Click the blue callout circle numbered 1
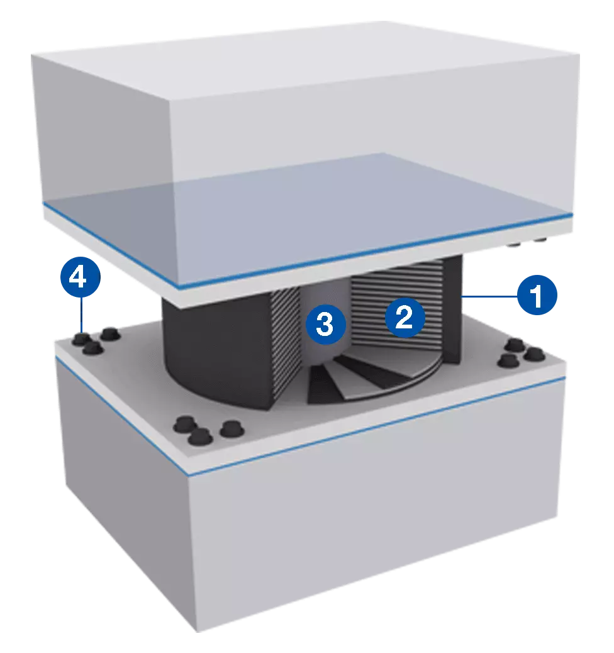click(537, 295)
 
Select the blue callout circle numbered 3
click(326, 323)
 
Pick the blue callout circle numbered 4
click(81, 277)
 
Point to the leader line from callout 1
click(489, 296)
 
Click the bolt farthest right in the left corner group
click(110, 333)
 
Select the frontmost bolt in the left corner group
click(93, 348)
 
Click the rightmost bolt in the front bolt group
click(231, 429)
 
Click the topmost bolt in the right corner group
click(515, 344)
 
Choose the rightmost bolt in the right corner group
click(535, 354)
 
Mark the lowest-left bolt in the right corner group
click(508, 360)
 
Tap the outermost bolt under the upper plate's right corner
click(540, 240)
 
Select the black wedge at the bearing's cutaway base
click(321, 385)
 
